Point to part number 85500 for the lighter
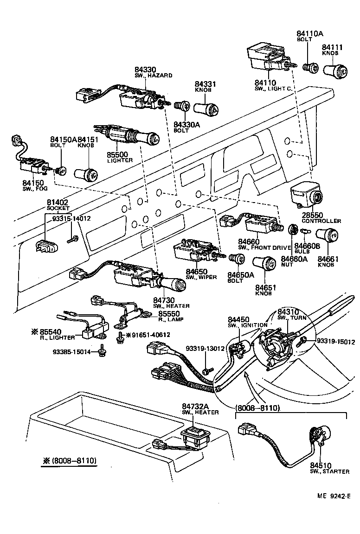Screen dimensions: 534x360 click(x=119, y=154)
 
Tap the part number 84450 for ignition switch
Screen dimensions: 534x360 click(x=238, y=319)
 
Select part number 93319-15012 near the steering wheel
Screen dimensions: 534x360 click(x=335, y=342)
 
